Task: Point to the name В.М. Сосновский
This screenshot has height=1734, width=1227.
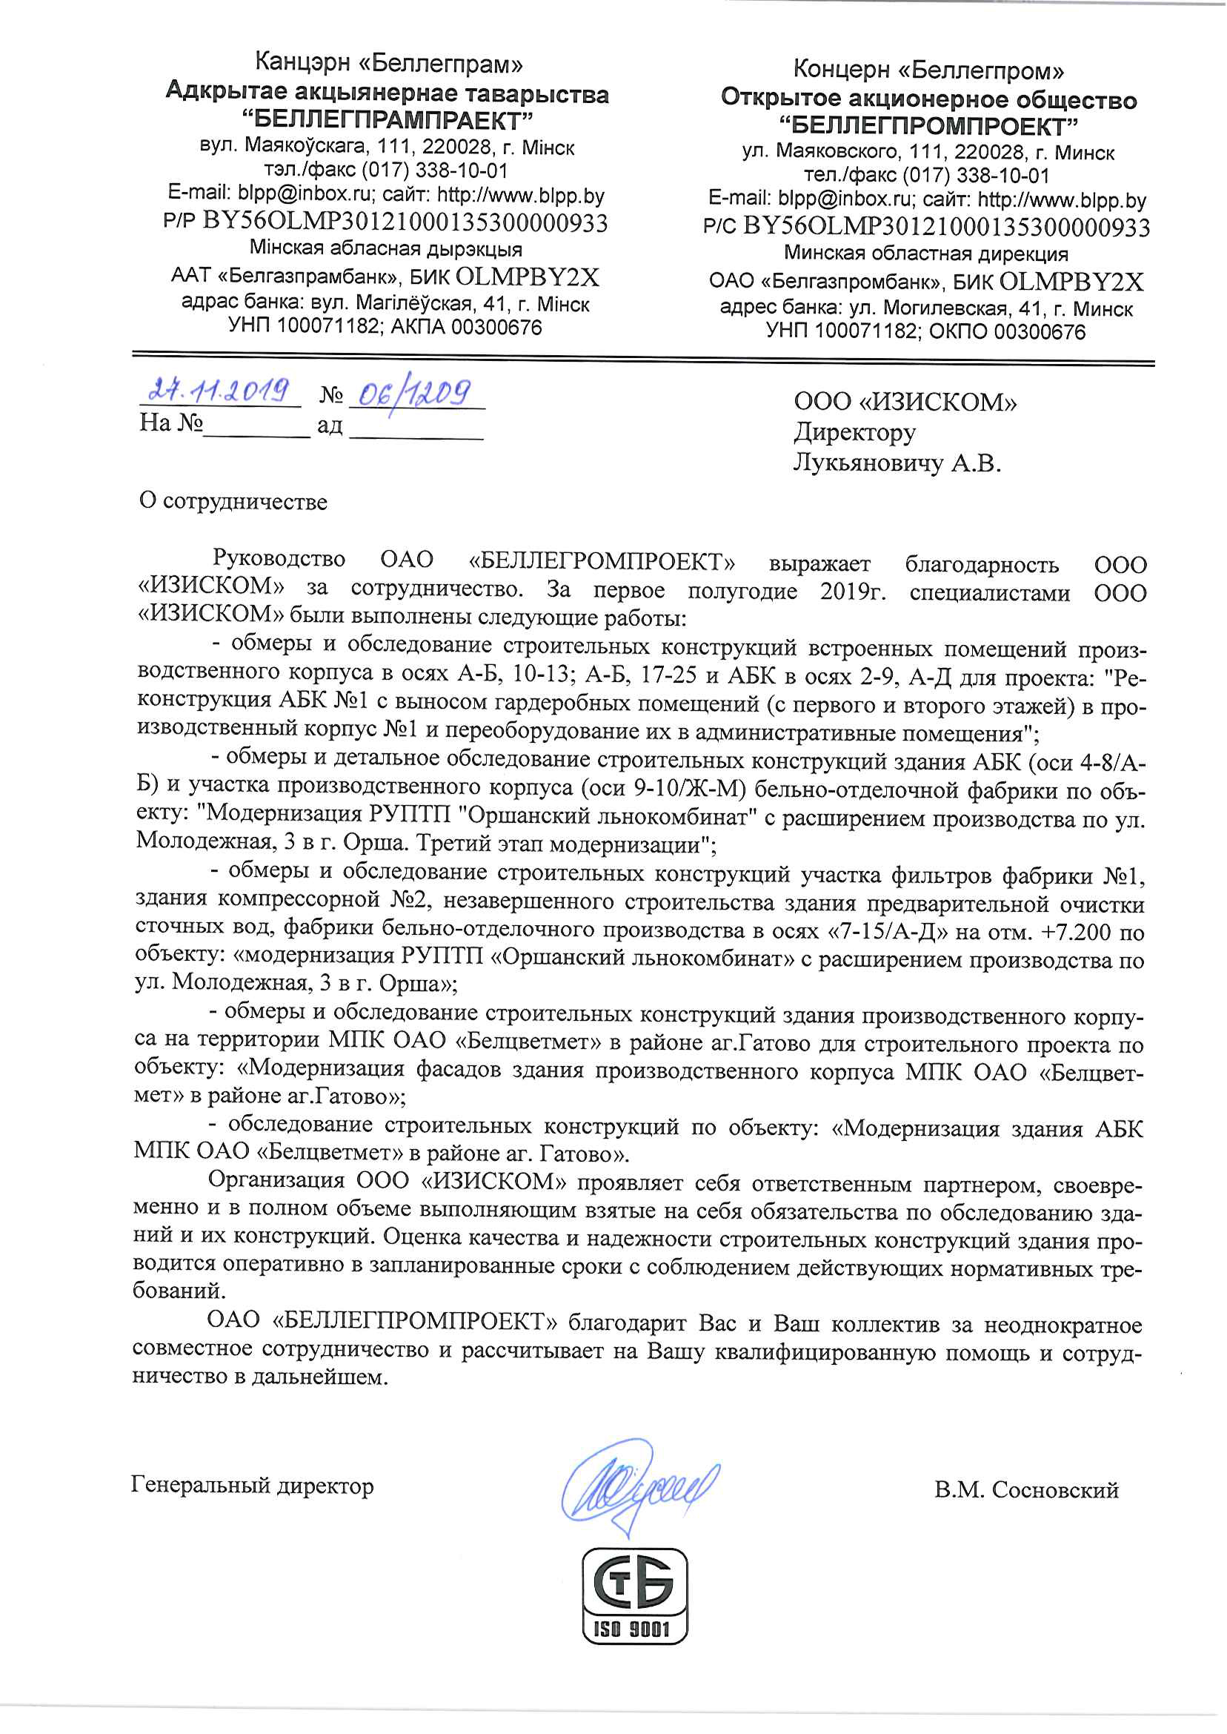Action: pyautogui.click(x=1026, y=1490)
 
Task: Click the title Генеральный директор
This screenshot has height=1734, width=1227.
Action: pyautogui.click(x=253, y=1486)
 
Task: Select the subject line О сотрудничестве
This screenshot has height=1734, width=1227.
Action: pyautogui.click(x=233, y=502)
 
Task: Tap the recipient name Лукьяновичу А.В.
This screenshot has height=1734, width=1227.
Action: pyautogui.click(x=897, y=463)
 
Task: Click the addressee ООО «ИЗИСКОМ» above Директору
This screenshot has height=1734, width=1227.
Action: pyautogui.click(x=905, y=401)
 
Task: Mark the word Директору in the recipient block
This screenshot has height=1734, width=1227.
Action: pyautogui.click(x=854, y=431)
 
